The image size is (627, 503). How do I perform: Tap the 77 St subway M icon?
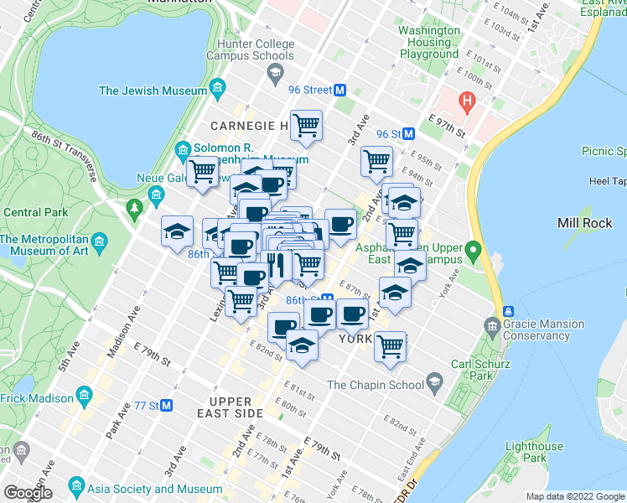(166, 406)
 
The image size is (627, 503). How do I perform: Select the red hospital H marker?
(467, 103)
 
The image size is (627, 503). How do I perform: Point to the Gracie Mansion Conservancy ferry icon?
(508, 310)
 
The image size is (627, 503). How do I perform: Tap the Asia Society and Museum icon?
(76, 486)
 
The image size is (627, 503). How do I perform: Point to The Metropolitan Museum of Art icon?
(100, 244)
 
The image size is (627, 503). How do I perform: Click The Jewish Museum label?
(153, 91)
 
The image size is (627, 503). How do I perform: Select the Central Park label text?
(35, 213)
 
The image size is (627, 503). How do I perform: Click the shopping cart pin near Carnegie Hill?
(307, 126)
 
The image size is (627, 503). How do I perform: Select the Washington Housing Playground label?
(429, 42)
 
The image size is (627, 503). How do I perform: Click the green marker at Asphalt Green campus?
(472, 251)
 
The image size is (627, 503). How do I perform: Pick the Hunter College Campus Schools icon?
(275, 75)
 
